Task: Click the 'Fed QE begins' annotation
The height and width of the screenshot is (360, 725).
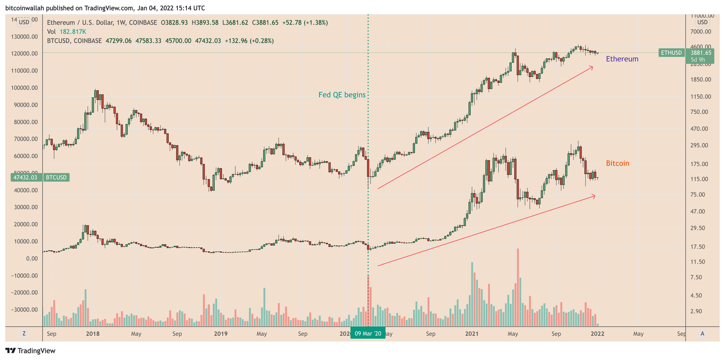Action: [342, 95]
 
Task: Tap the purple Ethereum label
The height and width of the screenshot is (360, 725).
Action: [622, 59]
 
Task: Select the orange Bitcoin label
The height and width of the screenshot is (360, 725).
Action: [617, 163]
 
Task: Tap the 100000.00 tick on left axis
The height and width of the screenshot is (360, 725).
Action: [25, 88]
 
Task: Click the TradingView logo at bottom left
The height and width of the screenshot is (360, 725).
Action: [31, 351]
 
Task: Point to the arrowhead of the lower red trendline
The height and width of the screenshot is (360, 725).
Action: [594, 196]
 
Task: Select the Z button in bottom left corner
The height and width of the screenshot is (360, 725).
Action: [24, 334]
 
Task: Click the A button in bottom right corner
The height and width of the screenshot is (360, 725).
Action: [702, 334]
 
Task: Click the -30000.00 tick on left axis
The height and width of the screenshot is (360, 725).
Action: [25, 310]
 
